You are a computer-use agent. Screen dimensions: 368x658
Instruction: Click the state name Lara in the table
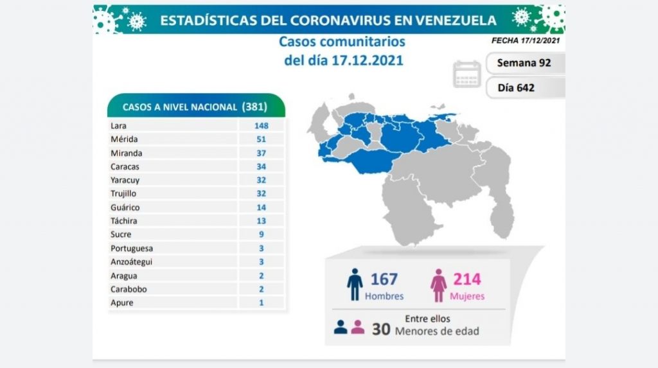(118, 126)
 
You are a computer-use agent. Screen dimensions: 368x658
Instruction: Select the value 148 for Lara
(261, 126)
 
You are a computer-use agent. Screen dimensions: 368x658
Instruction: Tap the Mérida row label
(124, 139)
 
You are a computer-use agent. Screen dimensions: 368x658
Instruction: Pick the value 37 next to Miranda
(261, 153)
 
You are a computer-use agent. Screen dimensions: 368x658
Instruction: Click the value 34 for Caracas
(261, 167)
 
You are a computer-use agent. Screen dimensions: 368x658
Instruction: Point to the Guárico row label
(125, 207)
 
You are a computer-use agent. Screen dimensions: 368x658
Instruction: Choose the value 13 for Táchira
(261, 221)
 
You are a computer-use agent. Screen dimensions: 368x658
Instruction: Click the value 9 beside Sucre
(261, 234)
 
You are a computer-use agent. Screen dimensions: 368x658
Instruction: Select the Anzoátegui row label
(132, 262)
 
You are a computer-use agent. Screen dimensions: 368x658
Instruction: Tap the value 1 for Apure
(261, 302)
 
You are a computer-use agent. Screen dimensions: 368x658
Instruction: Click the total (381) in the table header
(254, 107)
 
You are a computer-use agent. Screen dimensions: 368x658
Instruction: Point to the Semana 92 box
(524, 64)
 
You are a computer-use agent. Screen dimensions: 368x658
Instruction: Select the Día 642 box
(516, 87)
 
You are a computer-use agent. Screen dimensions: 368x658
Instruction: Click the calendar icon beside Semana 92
(467, 74)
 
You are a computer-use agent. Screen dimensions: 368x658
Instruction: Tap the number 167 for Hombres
(384, 279)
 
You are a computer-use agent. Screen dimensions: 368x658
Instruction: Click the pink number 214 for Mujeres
(467, 279)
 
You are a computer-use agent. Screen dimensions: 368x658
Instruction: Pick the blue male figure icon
(355, 285)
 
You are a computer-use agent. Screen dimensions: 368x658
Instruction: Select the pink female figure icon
(440, 285)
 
